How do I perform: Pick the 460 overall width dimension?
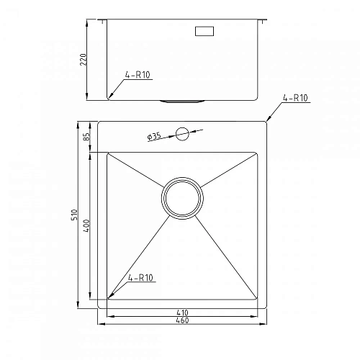tap(182, 320)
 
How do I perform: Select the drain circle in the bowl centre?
tap(181, 197)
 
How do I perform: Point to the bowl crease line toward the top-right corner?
tap(229, 169)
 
